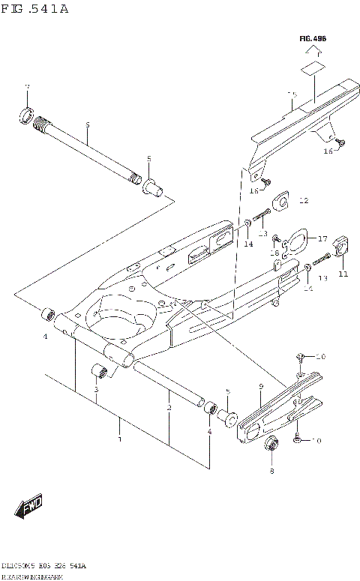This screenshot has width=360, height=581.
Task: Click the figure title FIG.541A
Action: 36,9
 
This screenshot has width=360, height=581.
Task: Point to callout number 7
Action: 26,88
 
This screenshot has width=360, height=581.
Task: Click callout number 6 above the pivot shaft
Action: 87,124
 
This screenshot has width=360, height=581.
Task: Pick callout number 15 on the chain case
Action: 292,95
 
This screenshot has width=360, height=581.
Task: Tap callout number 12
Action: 303,201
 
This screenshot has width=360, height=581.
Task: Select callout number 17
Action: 322,239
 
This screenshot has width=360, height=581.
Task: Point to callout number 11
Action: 343,274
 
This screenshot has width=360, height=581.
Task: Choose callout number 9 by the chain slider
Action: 261,386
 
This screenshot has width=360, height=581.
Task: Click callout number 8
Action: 271,471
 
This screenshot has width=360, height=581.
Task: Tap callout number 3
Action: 96,390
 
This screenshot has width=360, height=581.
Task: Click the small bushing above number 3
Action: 98,372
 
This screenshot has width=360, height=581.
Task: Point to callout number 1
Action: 119,439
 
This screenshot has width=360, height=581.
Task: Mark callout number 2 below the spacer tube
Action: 170,407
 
